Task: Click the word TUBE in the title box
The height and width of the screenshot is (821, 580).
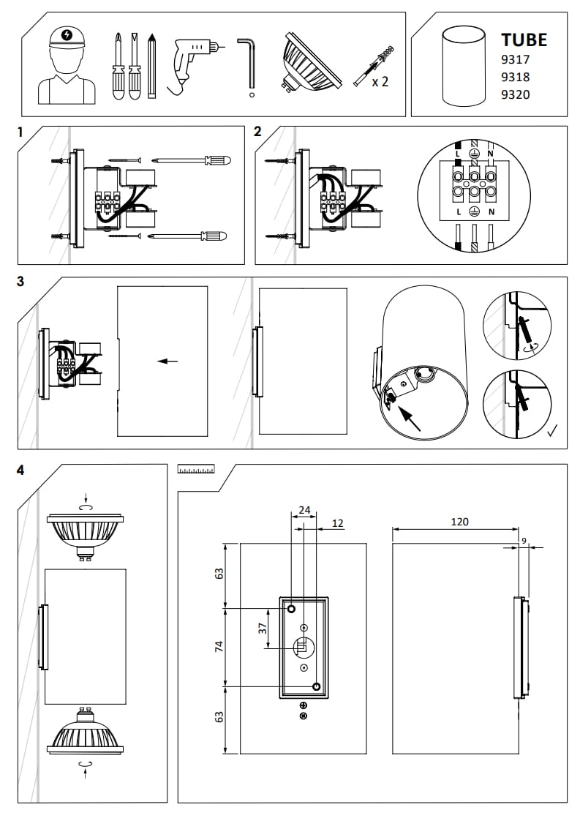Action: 524,40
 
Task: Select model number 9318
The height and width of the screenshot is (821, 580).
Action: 515,77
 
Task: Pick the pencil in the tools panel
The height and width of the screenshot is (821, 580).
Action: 151,66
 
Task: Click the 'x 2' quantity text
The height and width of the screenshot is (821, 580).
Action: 380,81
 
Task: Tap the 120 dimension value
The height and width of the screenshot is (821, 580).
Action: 459,522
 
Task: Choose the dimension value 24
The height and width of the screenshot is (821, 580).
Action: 305,509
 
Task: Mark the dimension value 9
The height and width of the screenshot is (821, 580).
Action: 523,540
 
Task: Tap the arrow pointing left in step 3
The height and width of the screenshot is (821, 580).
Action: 167,361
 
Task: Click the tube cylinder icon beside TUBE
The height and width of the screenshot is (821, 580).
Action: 464,66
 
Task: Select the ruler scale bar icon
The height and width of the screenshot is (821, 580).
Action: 196,469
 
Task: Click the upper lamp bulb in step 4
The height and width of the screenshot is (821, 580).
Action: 86,531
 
